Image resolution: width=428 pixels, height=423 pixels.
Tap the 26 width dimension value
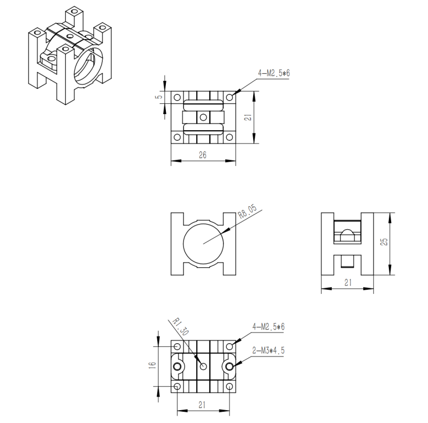coord(203,155)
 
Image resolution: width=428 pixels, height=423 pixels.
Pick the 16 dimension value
coord(152,365)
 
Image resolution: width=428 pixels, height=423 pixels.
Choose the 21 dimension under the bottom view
coord(203,405)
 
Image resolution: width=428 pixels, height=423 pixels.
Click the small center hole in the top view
coord(203,117)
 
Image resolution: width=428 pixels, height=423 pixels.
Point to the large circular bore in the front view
coord(203,243)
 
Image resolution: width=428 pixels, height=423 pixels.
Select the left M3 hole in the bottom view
coord(177,366)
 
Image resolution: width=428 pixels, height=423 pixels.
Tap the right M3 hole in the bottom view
coord(230,366)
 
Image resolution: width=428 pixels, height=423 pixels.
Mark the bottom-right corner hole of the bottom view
coord(229,387)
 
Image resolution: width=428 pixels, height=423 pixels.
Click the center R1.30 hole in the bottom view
coord(203,366)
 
